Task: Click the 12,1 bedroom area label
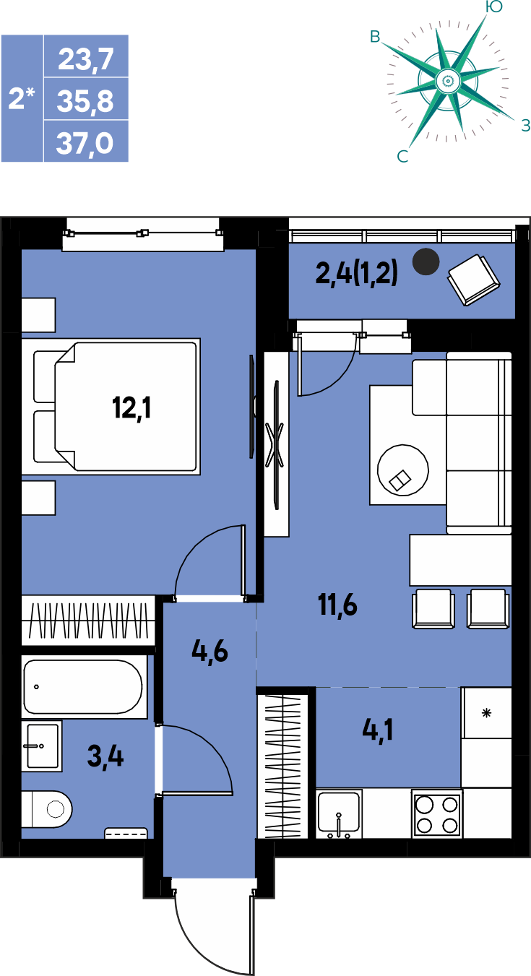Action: tap(131, 408)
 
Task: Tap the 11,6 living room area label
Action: tap(337, 605)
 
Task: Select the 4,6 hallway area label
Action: tap(210, 652)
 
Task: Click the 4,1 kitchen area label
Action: tap(378, 730)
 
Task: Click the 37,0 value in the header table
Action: tap(85, 142)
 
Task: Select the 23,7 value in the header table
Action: tap(86, 60)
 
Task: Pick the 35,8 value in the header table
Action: tap(85, 100)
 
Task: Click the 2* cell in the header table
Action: tap(22, 98)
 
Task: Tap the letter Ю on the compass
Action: tap(493, 6)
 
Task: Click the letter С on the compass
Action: tap(403, 156)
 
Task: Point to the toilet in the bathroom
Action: tap(47, 810)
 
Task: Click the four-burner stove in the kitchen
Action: tap(437, 813)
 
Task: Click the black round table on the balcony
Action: tap(426, 262)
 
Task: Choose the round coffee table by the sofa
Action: tap(403, 470)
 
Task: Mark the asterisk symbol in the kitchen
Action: tap(486, 713)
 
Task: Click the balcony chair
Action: tap(474, 280)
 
